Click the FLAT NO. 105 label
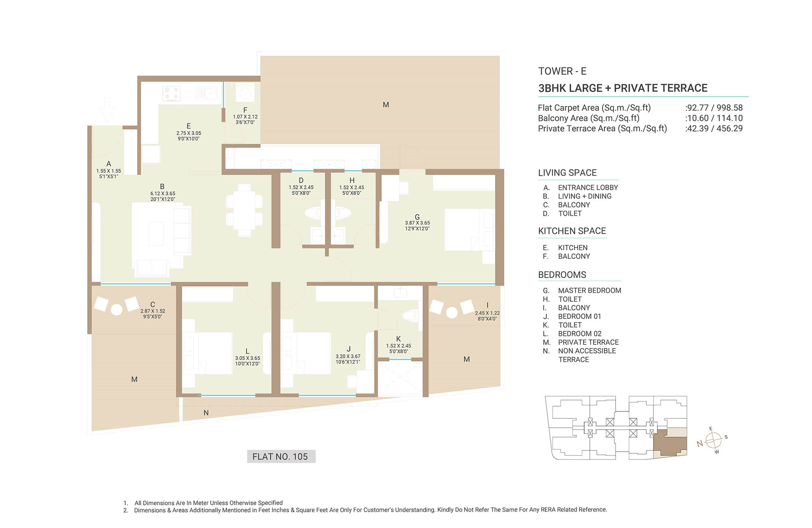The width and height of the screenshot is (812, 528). click(x=280, y=457)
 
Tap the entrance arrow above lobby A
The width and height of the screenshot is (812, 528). click(x=107, y=110)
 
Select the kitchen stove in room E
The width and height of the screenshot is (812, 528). click(x=171, y=93)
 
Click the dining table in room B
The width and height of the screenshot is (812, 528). click(x=244, y=210)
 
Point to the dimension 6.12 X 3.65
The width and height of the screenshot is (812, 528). click(x=163, y=194)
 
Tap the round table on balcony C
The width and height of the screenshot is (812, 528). click(x=117, y=310)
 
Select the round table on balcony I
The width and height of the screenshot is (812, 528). click(x=452, y=312)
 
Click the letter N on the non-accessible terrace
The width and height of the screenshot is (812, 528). click(x=206, y=413)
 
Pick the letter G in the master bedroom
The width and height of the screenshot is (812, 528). click(x=417, y=217)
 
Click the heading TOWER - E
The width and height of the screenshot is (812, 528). click(x=562, y=71)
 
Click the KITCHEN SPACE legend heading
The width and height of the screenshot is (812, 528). click(x=572, y=231)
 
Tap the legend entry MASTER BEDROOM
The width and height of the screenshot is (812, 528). click(x=590, y=290)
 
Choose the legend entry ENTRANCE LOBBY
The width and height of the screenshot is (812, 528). click(x=588, y=188)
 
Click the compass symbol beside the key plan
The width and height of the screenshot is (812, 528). click(x=713, y=440)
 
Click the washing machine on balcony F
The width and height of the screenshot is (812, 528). click(x=245, y=93)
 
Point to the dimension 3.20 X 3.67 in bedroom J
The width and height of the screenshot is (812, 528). click(x=348, y=356)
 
